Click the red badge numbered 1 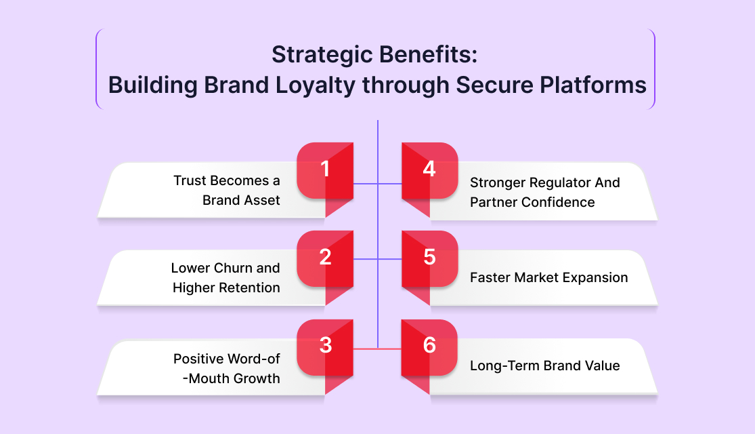click(x=326, y=170)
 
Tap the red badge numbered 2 click(x=326, y=258)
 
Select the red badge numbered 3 click(x=326, y=347)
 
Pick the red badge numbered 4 click(x=429, y=170)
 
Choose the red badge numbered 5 click(x=429, y=258)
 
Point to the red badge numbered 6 click(x=429, y=347)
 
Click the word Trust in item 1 click(x=190, y=181)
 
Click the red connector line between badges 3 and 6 click(x=378, y=348)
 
